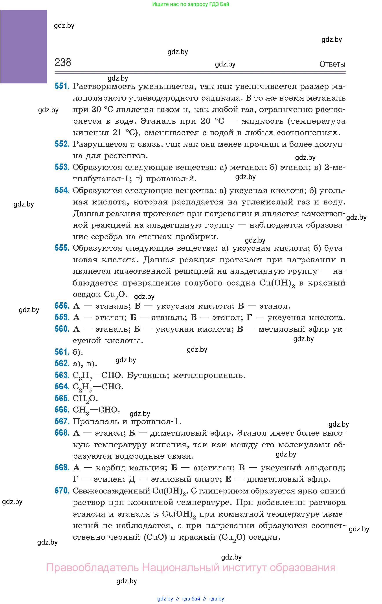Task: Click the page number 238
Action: [63, 63]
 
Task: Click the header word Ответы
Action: [332, 64]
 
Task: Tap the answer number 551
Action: [62, 86]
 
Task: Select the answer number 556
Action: [62, 306]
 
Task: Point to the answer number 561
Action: [62, 352]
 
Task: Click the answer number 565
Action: [62, 398]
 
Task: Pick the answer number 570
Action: [62, 491]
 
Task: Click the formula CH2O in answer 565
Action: [85, 398]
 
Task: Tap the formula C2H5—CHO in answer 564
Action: [98, 387]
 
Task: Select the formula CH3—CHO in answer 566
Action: [96, 410]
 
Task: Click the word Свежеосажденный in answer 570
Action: [111, 491]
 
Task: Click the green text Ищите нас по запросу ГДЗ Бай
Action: [191, 4]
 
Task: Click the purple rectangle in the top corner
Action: [24, 46]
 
